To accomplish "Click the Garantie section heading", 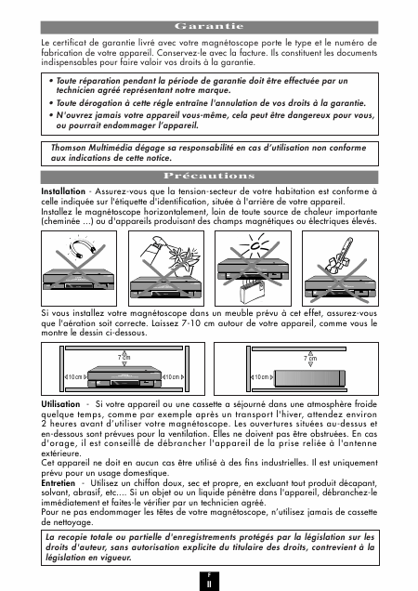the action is pos(209,26).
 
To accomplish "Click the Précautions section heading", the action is pos(209,176).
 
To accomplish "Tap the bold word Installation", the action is pos(63,191).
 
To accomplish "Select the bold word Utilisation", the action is pos(60,404).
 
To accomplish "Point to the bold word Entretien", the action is pos(58,483).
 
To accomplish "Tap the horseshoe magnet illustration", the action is pos(84,247).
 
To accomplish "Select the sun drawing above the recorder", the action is pos(254,245).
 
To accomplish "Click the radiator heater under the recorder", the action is pos(251,292).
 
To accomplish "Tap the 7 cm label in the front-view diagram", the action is pos(124,358).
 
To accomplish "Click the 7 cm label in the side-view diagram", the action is pos(310,359).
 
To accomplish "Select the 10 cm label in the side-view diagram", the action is pos(262,377).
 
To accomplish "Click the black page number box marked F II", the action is pos(209,581).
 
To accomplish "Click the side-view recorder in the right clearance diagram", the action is pos(310,378).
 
